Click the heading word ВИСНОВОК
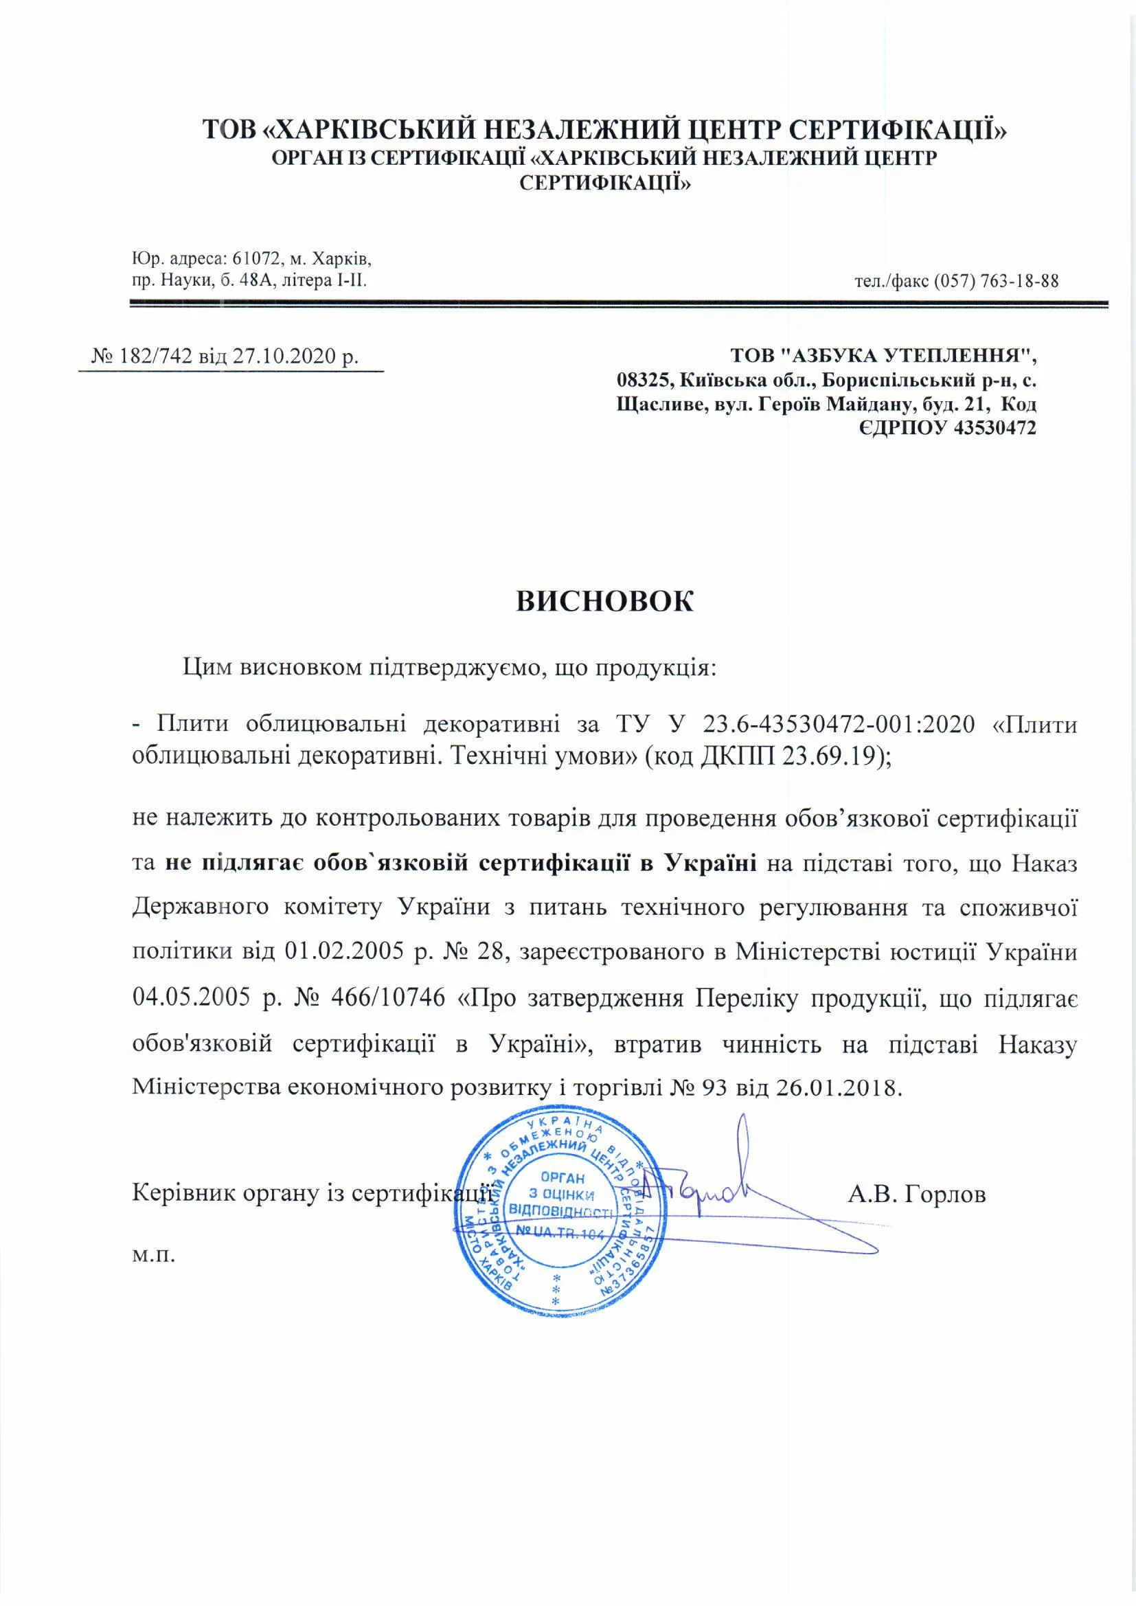[x=605, y=602]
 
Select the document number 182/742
[x=156, y=357]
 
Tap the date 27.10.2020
[x=282, y=357]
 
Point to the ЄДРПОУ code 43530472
[x=995, y=428]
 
